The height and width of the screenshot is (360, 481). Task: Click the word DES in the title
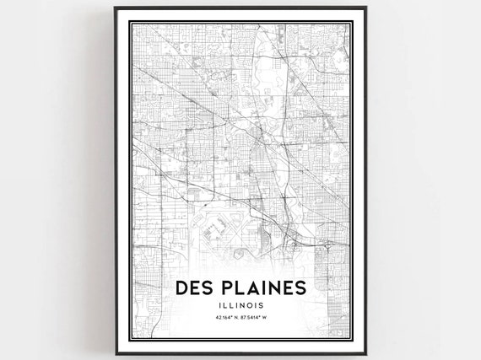pyautogui.click(x=195, y=288)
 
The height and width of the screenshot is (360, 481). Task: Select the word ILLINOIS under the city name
pyautogui.click(x=241, y=304)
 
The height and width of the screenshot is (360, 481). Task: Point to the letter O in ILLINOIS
pyautogui.click(x=254, y=304)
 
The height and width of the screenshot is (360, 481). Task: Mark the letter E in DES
pyautogui.click(x=195, y=288)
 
